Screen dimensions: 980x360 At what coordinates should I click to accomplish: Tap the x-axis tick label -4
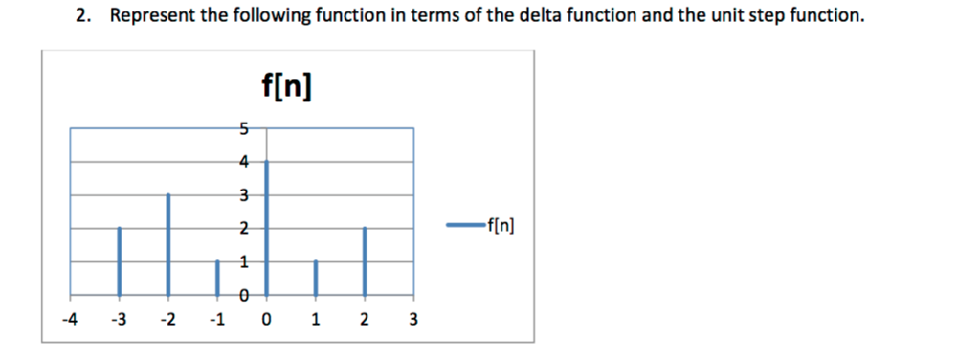69,319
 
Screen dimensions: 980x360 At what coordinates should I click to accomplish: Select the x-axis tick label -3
119,319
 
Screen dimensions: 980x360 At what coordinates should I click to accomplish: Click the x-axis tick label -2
167,319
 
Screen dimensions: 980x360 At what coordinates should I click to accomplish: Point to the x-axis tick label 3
413,319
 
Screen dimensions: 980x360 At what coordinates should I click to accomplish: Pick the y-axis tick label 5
244,127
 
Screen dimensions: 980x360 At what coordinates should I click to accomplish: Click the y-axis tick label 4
244,161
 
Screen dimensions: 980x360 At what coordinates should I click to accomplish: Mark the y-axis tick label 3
244,194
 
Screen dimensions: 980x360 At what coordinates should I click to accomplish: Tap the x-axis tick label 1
316,319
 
